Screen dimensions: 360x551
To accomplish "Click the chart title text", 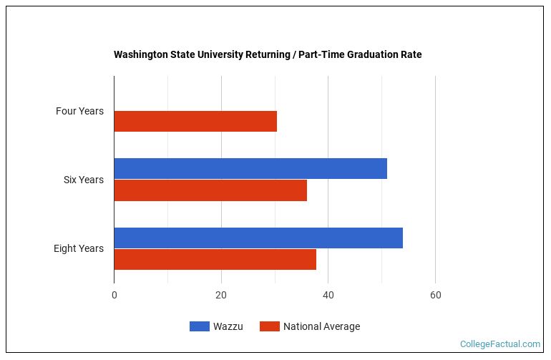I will (268, 54).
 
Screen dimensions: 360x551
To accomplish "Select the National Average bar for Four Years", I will (195, 122).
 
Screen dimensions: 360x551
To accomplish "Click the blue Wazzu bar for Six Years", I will (250, 168).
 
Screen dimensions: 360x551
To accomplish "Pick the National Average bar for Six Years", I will (210, 190).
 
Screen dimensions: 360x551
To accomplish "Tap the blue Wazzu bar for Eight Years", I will (258, 238).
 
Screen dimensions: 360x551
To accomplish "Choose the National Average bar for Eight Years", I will (215, 259).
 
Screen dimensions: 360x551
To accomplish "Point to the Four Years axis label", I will (79, 111).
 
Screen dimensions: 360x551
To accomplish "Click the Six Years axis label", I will (83, 180).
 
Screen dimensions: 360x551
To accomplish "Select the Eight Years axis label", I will (79, 248).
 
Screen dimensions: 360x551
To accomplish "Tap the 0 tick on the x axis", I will (114, 295).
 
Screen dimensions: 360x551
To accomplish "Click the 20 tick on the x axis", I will (221, 295).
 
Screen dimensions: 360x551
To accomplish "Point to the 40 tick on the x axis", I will (328, 295).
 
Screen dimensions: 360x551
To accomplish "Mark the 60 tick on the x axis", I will (435, 295).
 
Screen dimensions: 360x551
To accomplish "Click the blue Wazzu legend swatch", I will (199, 326).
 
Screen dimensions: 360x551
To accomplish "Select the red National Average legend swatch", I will (269, 326).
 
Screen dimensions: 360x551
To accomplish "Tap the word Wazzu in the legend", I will (228, 326).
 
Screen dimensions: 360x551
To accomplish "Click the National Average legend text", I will (321, 326).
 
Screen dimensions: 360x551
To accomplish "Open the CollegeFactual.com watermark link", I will (499, 344).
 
